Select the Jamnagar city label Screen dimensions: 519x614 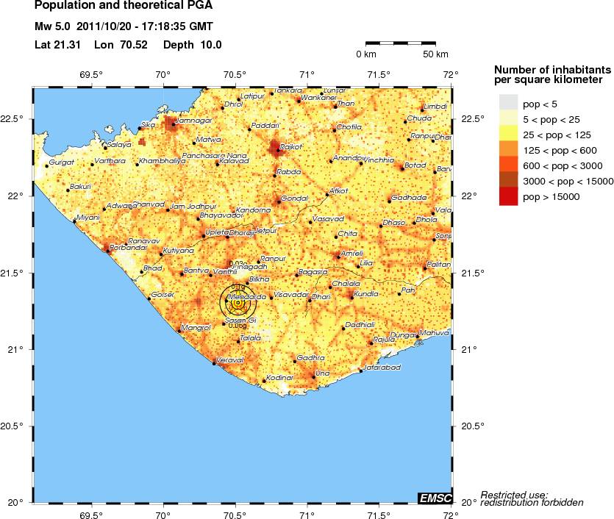coord(195,120)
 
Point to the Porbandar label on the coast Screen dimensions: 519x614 coord(122,248)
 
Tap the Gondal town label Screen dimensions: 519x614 coord(295,198)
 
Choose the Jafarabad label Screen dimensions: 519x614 coord(382,366)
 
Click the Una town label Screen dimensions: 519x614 coord(321,373)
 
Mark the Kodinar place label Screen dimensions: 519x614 coord(279,377)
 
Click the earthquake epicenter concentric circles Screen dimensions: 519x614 coord(238,302)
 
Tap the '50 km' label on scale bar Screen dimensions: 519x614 coord(436,54)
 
